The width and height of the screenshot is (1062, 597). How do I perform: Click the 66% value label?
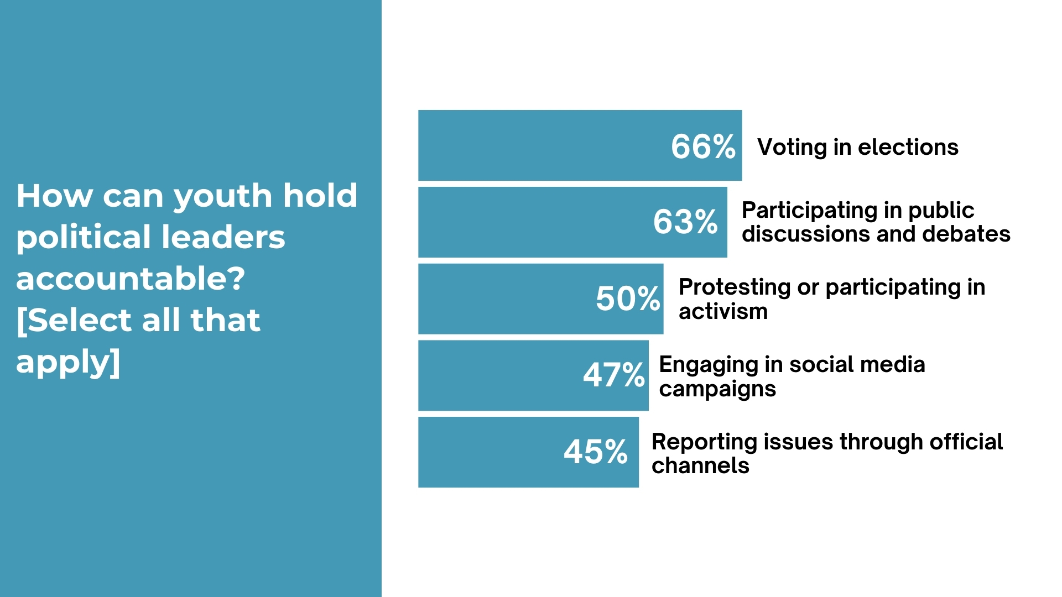click(703, 146)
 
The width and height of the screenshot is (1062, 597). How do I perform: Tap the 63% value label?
click(685, 222)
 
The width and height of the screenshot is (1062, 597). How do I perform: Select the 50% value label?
click(628, 298)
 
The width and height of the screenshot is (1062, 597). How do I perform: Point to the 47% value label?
click(614, 375)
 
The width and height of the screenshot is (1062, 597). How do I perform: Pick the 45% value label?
click(596, 452)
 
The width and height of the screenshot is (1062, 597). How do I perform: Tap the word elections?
click(908, 147)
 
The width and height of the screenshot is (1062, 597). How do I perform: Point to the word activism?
click(723, 312)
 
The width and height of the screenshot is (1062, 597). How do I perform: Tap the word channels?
click(700, 466)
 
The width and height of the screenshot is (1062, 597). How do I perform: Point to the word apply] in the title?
click(68, 362)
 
